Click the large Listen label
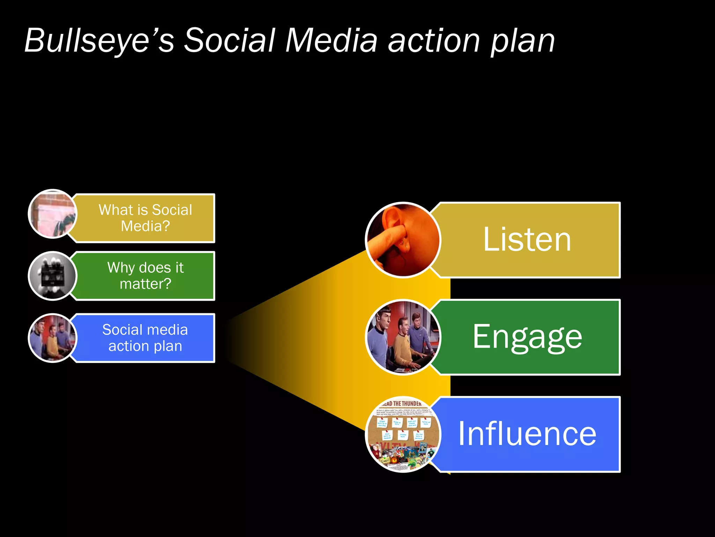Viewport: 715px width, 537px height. tap(527, 240)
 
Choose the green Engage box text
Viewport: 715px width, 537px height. tap(527, 337)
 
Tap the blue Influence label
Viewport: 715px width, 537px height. tap(527, 434)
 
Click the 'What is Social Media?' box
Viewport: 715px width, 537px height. tap(145, 218)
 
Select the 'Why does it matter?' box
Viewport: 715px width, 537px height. tap(145, 276)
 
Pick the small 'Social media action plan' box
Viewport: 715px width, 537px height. tap(145, 338)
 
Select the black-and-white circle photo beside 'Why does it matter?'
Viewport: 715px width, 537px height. tap(52, 276)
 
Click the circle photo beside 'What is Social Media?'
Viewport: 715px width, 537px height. tap(52, 214)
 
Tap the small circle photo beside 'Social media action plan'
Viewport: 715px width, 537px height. tap(52, 338)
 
